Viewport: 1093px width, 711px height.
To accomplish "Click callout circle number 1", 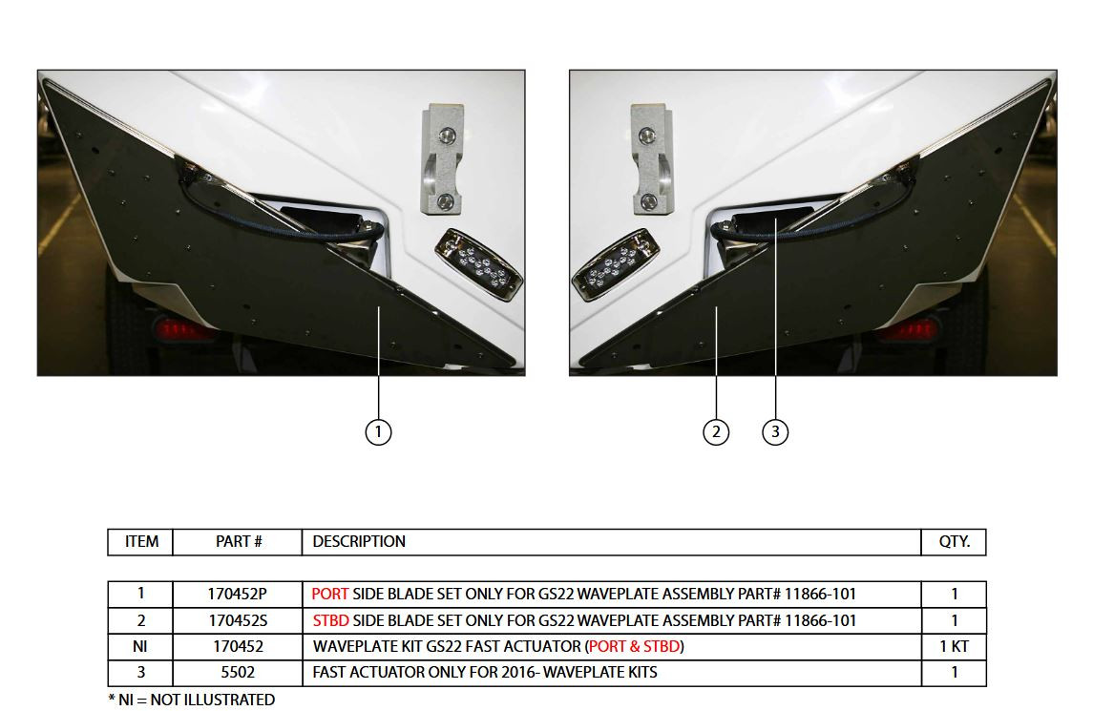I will (379, 432).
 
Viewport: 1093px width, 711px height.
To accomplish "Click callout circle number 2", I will (716, 432).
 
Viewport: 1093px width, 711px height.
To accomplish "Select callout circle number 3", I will (775, 432).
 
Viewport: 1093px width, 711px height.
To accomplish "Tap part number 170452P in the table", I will (237, 594).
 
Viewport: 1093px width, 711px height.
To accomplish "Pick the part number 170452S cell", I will (237, 620).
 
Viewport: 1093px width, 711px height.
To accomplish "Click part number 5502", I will (237, 672).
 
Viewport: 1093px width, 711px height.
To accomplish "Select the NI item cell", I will (140, 646).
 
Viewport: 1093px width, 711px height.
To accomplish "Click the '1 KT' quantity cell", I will (954, 646).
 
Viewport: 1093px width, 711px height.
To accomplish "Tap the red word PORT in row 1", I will (330, 594).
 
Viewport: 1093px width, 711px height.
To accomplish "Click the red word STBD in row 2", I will (331, 620).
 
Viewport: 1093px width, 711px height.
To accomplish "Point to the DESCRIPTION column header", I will (359, 541).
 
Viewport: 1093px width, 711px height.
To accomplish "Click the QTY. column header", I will (954, 541).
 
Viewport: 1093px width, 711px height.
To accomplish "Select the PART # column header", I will (238, 541).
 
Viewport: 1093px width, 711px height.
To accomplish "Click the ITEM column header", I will (141, 541).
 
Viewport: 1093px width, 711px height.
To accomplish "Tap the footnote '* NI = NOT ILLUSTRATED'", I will (192, 700).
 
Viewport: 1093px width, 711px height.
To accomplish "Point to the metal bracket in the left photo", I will (443, 160).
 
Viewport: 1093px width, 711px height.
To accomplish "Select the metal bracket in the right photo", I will (651, 160).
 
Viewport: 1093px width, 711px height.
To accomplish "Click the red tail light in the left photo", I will (183, 331).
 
